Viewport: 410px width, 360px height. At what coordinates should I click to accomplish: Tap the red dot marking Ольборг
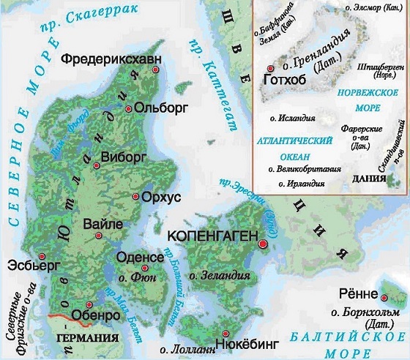129,108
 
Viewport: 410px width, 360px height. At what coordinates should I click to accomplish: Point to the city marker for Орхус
135,196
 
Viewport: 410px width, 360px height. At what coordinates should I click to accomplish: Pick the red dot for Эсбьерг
42,255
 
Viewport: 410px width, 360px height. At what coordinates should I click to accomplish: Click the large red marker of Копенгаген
263,246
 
